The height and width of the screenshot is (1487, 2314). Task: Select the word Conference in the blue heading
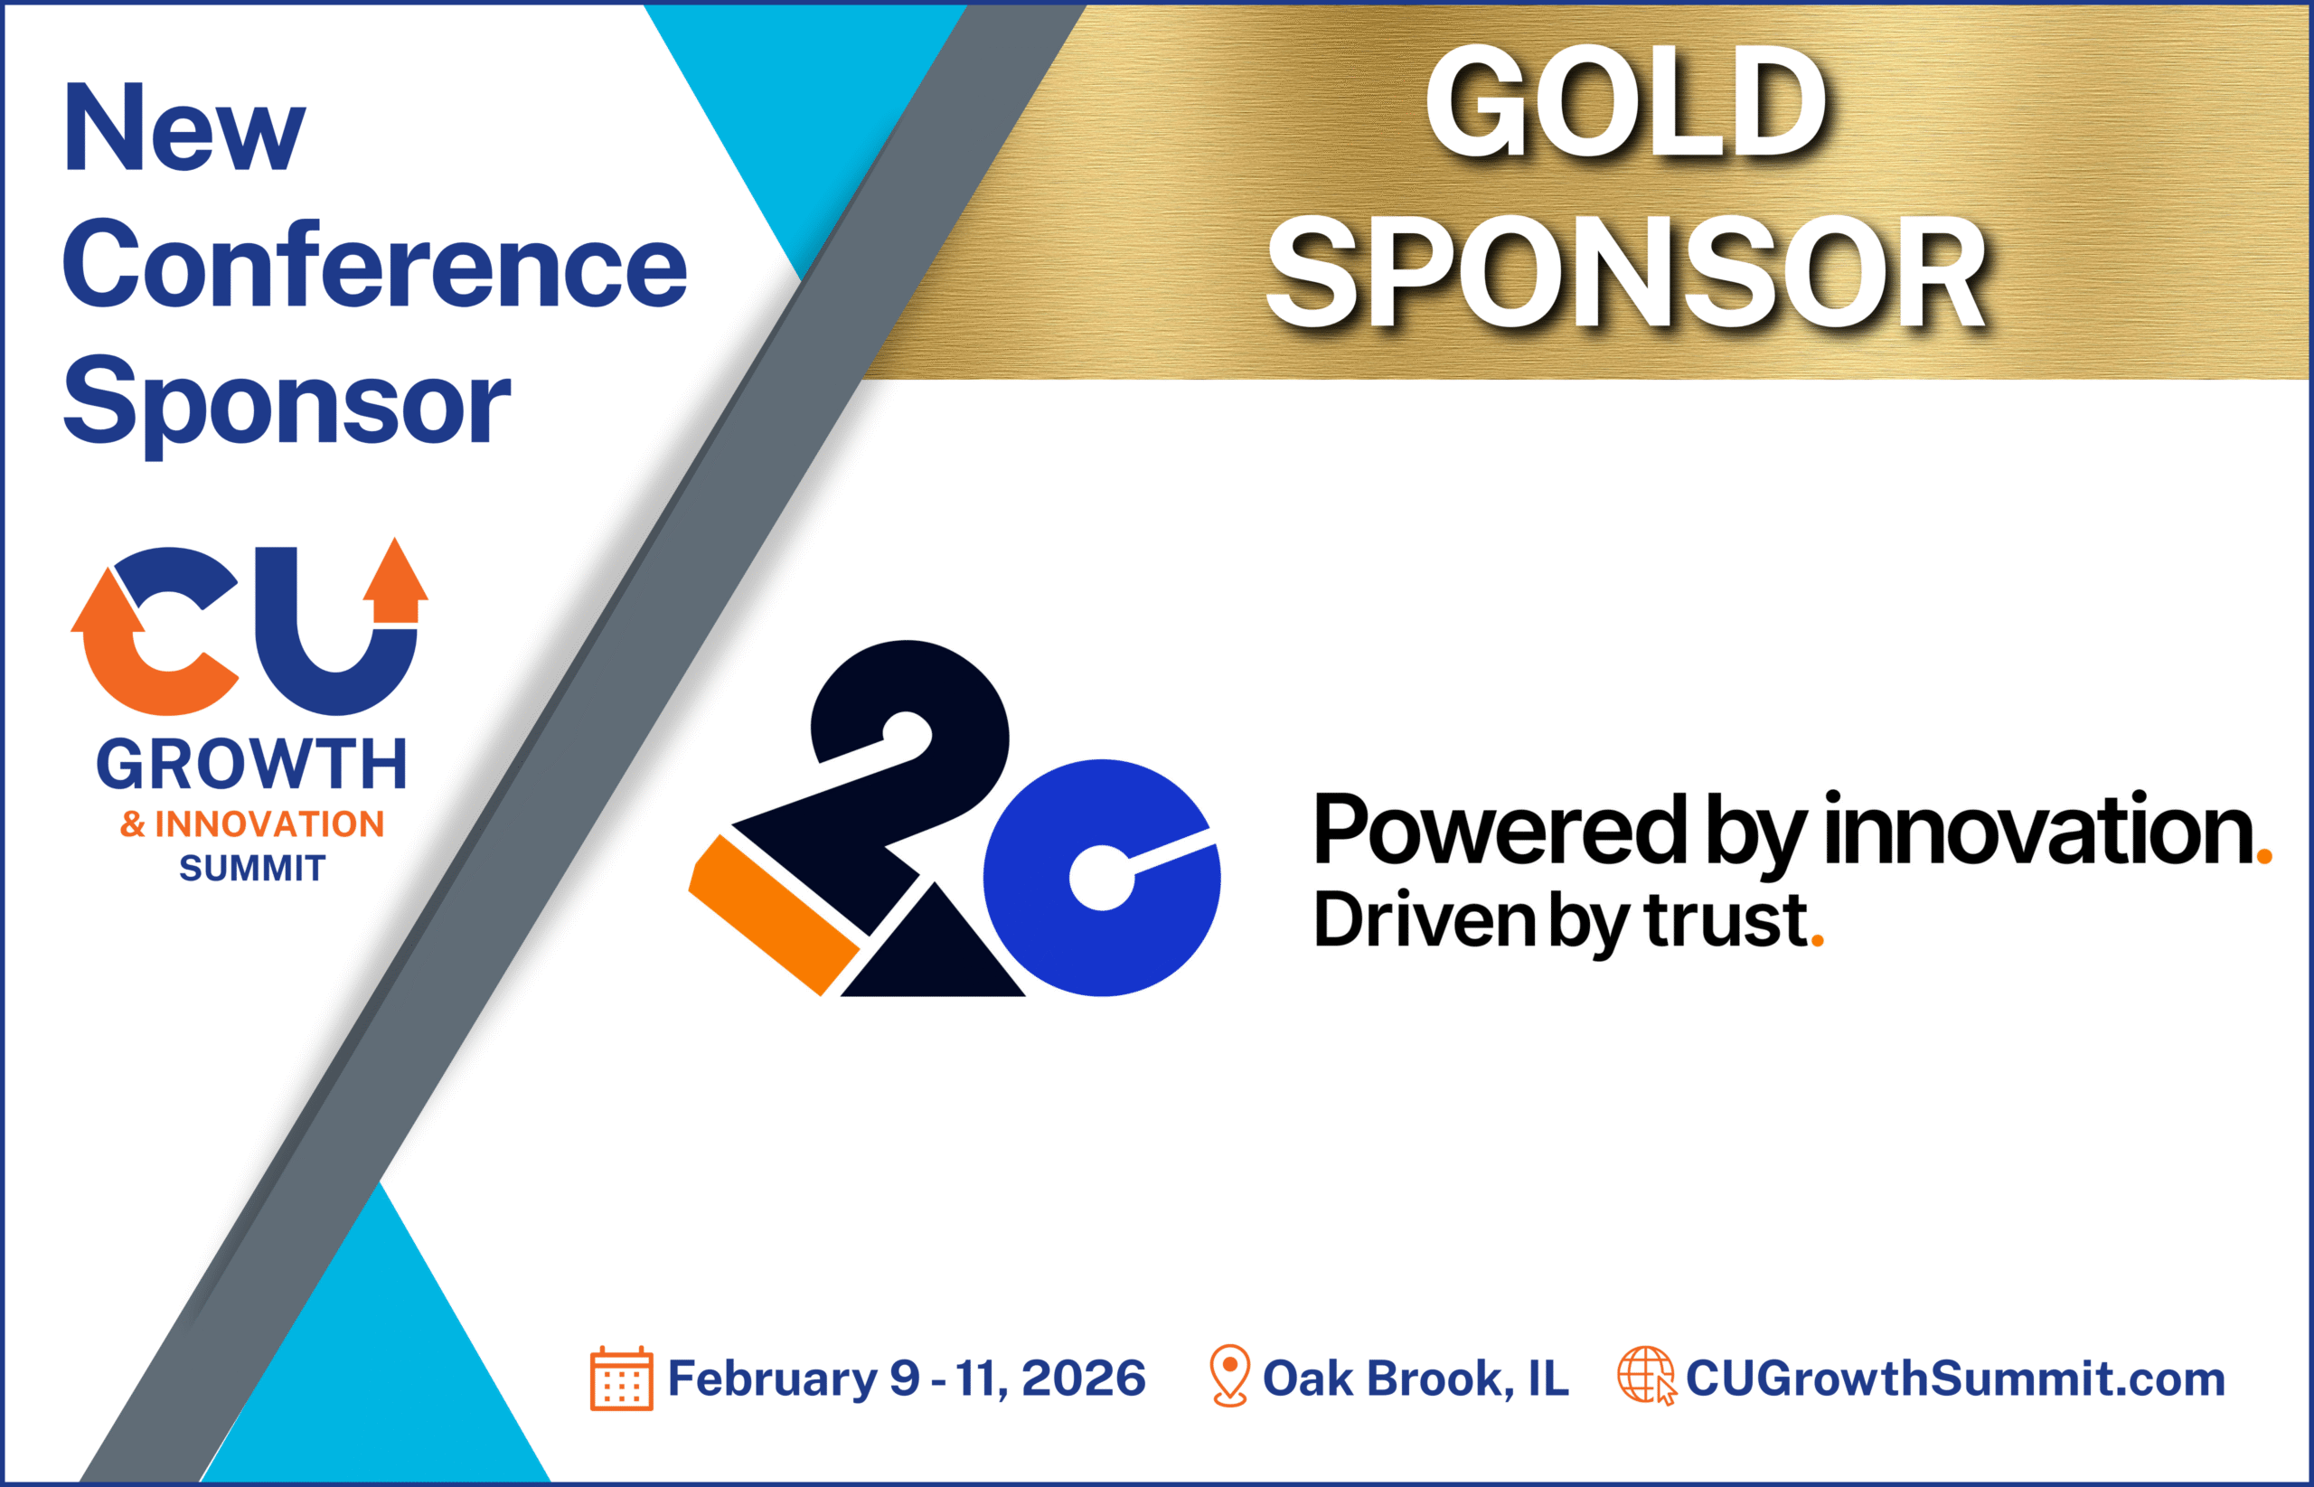tap(374, 265)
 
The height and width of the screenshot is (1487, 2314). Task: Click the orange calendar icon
tap(621, 1379)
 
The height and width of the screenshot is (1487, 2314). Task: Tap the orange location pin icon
tap(1229, 1375)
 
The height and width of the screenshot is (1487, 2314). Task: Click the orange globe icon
tap(1645, 1375)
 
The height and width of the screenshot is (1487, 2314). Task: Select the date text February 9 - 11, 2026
tap(906, 1379)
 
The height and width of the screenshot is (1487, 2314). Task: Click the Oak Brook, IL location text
tap(1416, 1379)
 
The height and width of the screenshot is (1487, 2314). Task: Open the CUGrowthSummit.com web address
tap(1955, 1379)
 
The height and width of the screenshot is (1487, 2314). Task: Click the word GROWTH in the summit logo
tap(252, 765)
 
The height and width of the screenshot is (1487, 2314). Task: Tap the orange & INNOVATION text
tap(252, 823)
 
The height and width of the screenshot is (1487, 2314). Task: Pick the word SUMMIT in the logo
tap(252, 868)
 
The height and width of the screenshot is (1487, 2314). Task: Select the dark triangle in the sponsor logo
tap(933, 956)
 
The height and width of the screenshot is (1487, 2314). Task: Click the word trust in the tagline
tap(1726, 919)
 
